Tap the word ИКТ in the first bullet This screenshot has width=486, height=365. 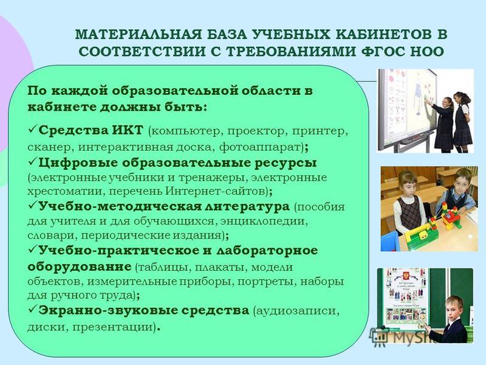pyautogui.click(x=127, y=130)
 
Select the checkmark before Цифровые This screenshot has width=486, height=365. pyautogui.click(x=33, y=161)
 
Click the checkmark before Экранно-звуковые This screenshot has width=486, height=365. pyautogui.click(x=33, y=309)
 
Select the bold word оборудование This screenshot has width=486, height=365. pyautogui.click(x=80, y=266)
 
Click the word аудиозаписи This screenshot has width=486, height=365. pyautogui.click(x=298, y=311)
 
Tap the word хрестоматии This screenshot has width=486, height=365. pyautogui.click(x=67, y=191)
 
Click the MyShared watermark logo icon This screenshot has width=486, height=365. pyautogui.click(x=379, y=337)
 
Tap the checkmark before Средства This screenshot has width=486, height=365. pyautogui.click(x=33, y=128)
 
